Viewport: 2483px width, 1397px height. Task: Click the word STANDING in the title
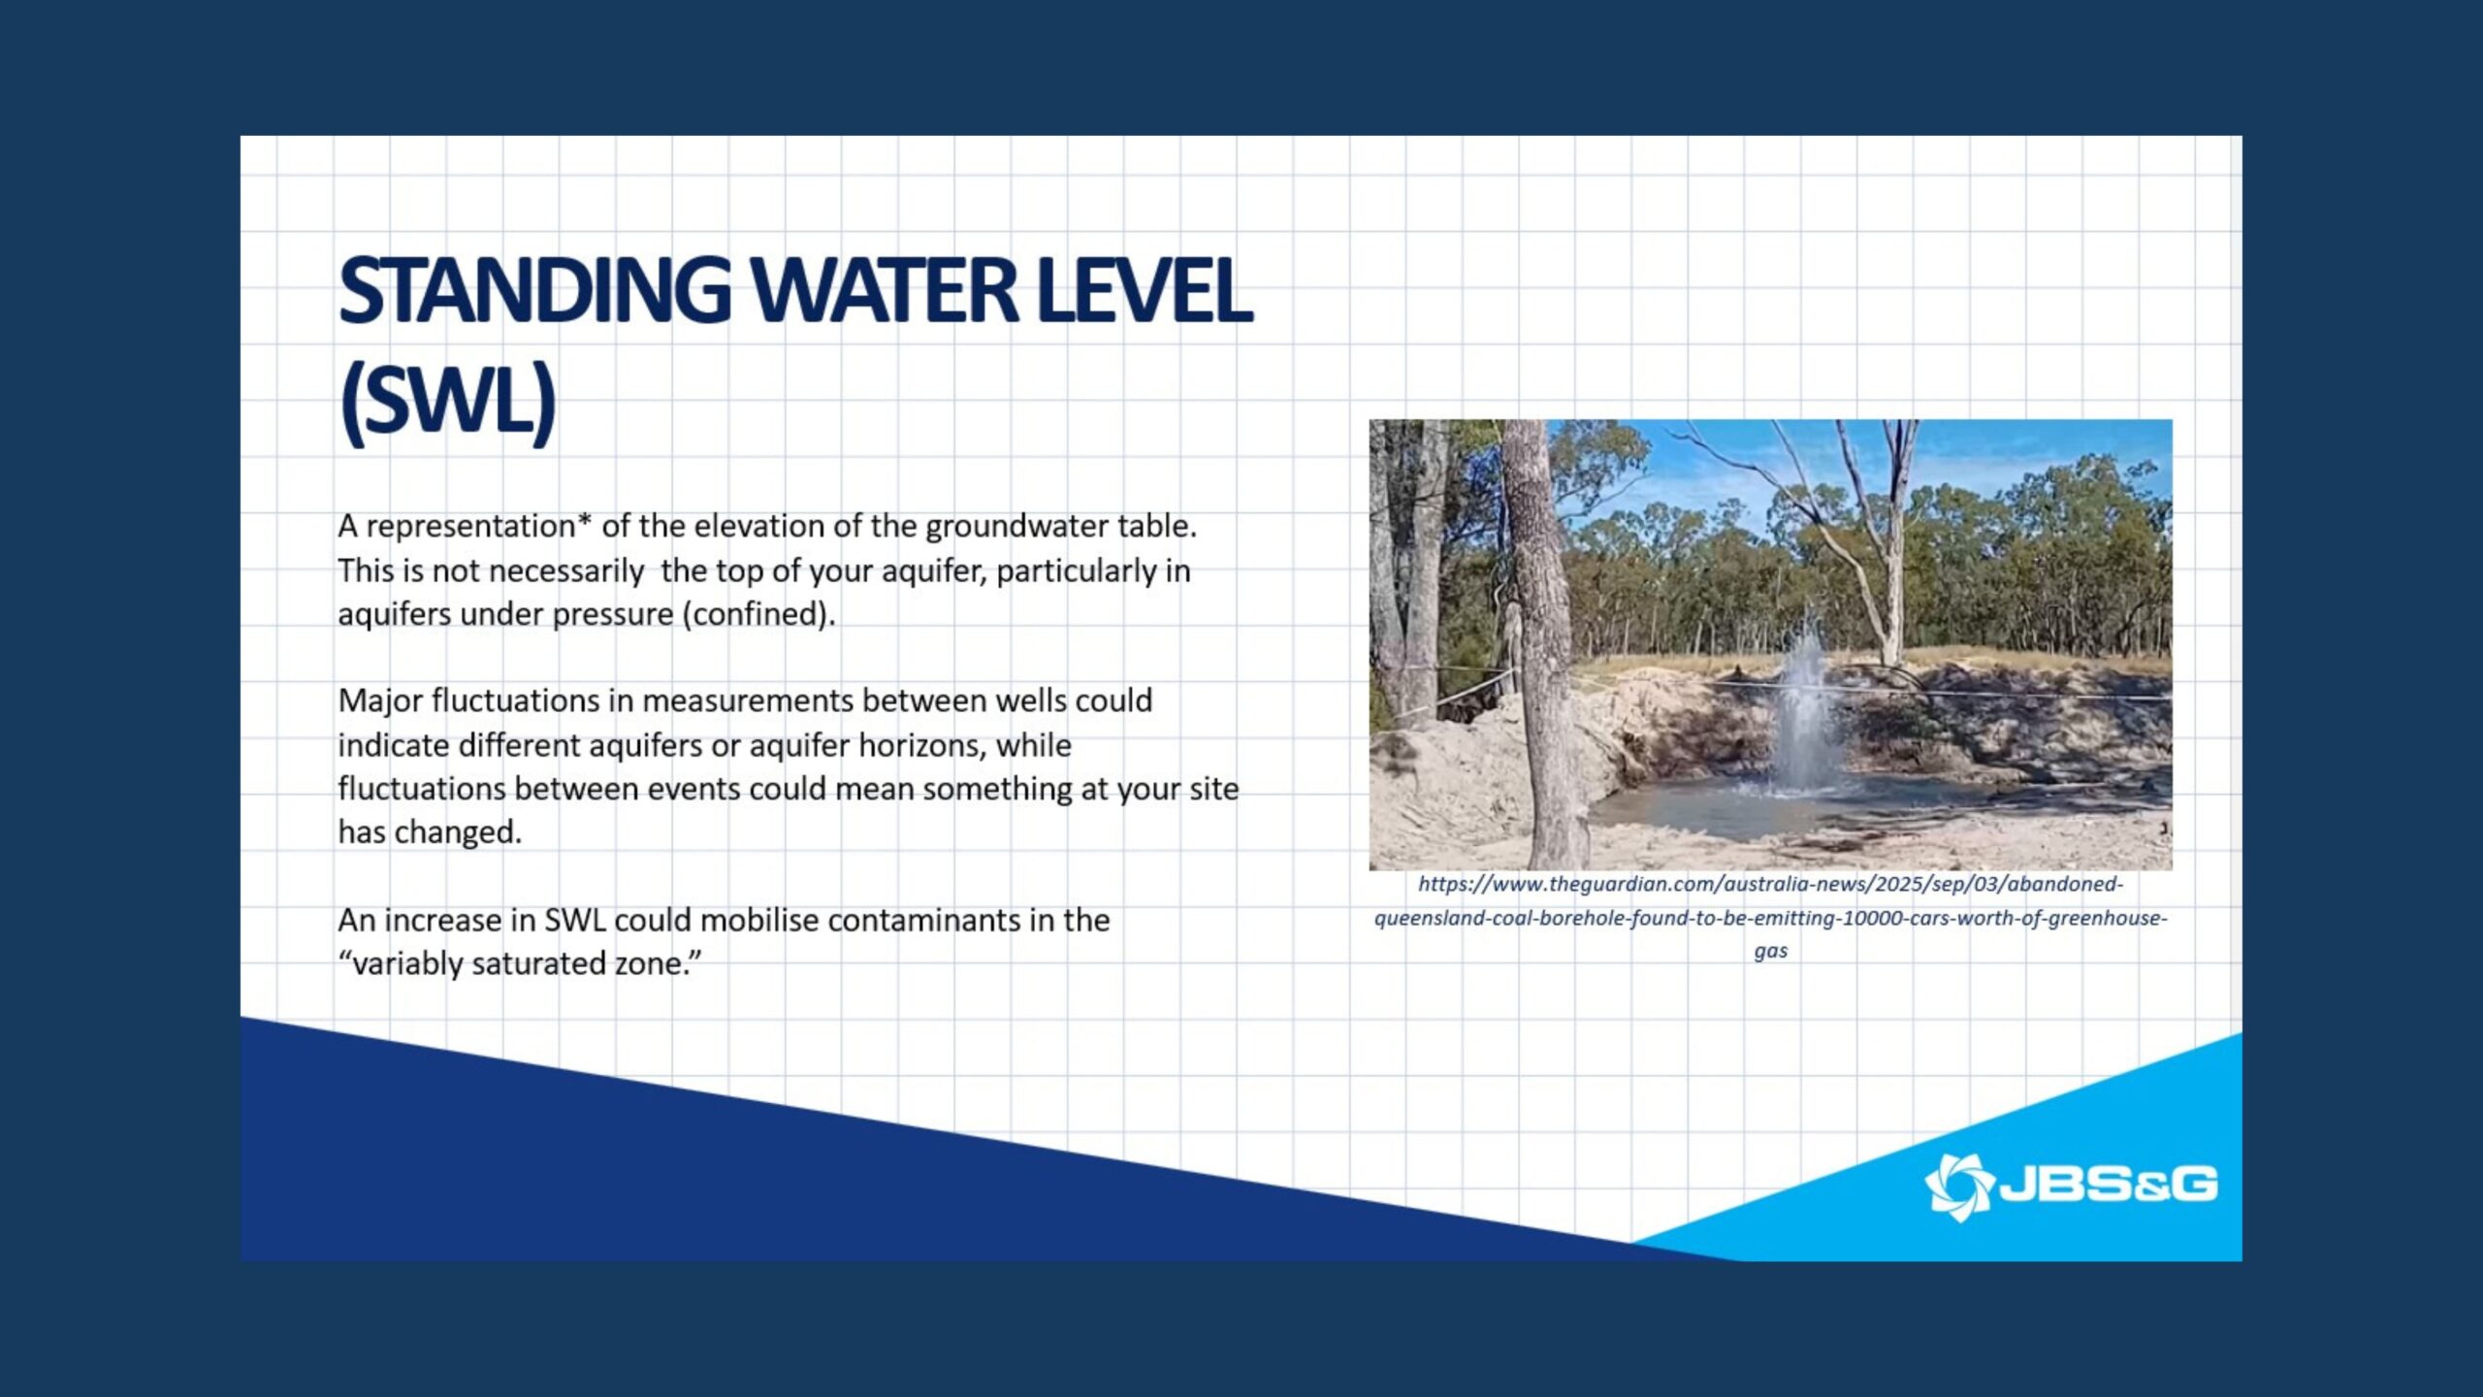click(534, 290)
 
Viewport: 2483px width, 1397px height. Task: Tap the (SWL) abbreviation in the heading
click(448, 400)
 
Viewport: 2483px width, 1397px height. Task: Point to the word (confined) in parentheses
click(758, 614)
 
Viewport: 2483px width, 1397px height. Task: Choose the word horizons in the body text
click(922, 746)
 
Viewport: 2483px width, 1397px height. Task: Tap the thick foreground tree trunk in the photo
click(1543, 645)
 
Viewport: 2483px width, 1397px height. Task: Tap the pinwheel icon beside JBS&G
click(1958, 1186)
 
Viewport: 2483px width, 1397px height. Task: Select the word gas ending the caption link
click(1771, 952)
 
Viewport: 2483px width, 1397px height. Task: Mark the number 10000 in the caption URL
click(1871, 918)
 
